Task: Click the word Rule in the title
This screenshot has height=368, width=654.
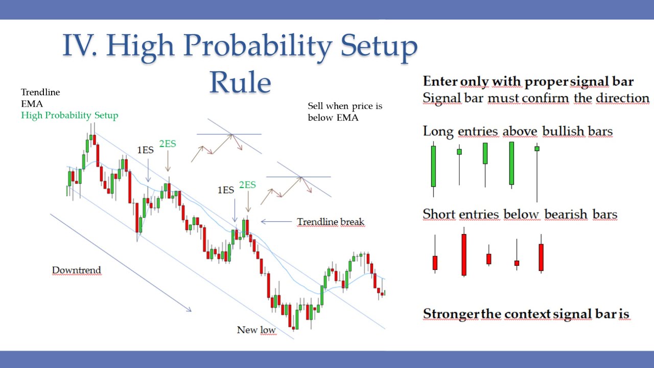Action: pyautogui.click(x=240, y=82)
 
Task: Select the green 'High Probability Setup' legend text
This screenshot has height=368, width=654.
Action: pyautogui.click(x=69, y=116)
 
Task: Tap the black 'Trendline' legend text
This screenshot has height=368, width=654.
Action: pyautogui.click(x=40, y=93)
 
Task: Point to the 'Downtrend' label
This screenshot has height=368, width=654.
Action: pyautogui.click(x=76, y=270)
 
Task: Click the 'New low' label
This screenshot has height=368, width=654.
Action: pyautogui.click(x=256, y=330)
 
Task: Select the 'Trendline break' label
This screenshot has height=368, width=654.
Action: pyautogui.click(x=331, y=222)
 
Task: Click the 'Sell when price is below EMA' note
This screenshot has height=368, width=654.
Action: pyautogui.click(x=345, y=112)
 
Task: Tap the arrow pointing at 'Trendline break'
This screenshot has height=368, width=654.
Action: pyautogui.click(x=276, y=222)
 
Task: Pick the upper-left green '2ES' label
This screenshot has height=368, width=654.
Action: pyautogui.click(x=168, y=144)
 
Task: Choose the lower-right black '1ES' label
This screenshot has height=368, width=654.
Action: pyautogui.click(x=226, y=190)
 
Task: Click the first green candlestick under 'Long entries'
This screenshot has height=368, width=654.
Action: pyautogui.click(x=434, y=166)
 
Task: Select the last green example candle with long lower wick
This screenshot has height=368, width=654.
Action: pyautogui.click(x=537, y=149)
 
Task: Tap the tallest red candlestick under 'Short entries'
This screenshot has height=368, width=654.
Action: pyautogui.click(x=464, y=254)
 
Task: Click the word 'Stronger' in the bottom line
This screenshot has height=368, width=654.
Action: pyautogui.click(x=450, y=314)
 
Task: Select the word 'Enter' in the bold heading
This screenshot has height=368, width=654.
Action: pyautogui.click(x=440, y=81)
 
